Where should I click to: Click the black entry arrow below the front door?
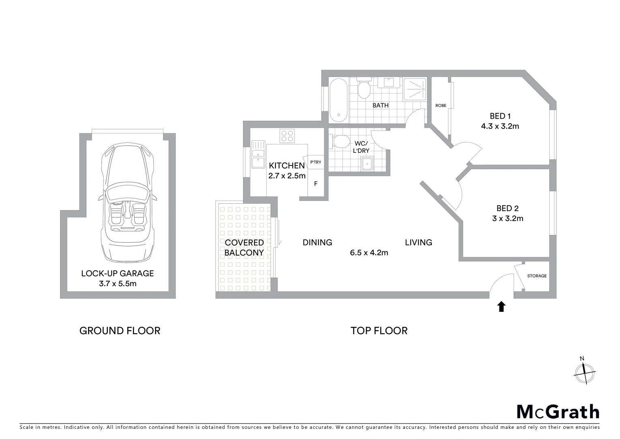pyautogui.click(x=502, y=306)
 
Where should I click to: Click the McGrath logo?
pyautogui.click(x=558, y=412)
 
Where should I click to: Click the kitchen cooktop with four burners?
pyautogui.click(x=287, y=135)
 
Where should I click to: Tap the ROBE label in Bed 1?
pyautogui.click(x=441, y=106)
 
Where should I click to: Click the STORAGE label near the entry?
pyautogui.click(x=537, y=276)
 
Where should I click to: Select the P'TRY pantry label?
pyautogui.click(x=316, y=162)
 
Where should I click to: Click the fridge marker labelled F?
pyautogui.click(x=316, y=184)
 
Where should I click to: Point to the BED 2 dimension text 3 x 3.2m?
pyautogui.click(x=508, y=219)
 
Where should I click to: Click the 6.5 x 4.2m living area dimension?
pyautogui.click(x=369, y=253)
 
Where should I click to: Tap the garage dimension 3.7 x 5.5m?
pyautogui.click(x=118, y=284)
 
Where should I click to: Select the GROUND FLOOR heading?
pyautogui.click(x=120, y=331)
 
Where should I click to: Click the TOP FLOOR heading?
pyautogui.click(x=379, y=331)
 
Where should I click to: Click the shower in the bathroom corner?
pyautogui.click(x=415, y=89)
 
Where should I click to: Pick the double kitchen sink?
pyautogui.click(x=258, y=154)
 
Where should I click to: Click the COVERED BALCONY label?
pyautogui.click(x=244, y=248)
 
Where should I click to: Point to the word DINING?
pyautogui.click(x=317, y=243)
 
